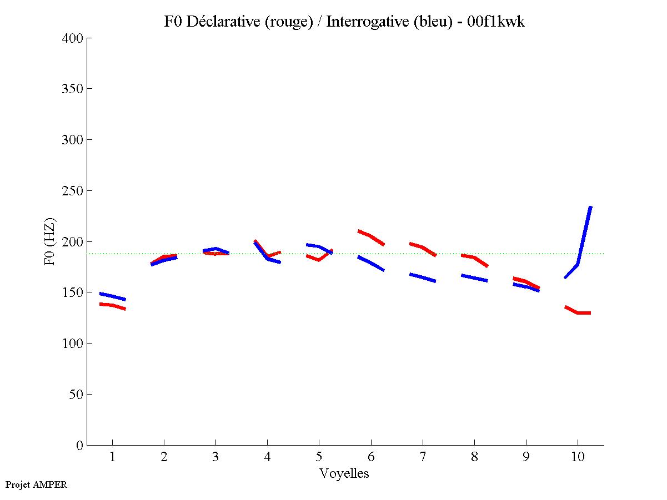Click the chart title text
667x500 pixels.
click(x=344, y=22)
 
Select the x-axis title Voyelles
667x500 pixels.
click(x=344, y=473)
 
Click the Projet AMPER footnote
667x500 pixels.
click(x=36, y=484)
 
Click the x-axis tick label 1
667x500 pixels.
click(x=112, y=457)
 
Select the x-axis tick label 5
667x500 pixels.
click(x=319, y=457)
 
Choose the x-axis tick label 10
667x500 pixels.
click(x=578, y=457)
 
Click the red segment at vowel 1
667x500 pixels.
click(x=112, y=305)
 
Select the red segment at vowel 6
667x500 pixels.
click(x=371, y=236)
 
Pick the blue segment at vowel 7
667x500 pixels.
click(x=423, y=277)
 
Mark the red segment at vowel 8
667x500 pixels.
click(x=474, y=258)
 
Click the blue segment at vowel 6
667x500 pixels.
click(x=371, y=264)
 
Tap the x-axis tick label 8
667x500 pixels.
click(x=474, y=457)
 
